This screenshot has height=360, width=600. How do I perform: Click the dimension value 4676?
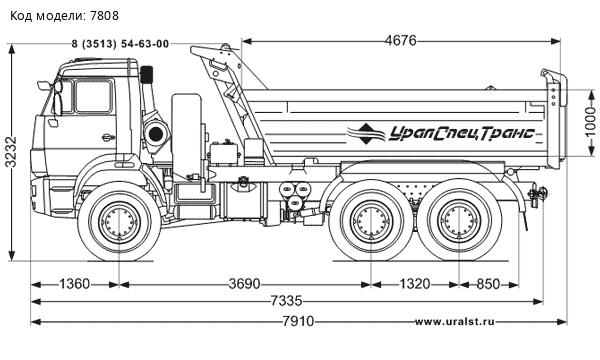tap(401, 41)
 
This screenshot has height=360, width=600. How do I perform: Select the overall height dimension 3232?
tap(11, 152)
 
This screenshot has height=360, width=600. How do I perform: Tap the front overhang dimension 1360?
tap(75, 284)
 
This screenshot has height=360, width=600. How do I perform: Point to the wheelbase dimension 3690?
tap(245, 284)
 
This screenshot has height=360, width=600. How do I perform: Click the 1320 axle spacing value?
tap(415, 284)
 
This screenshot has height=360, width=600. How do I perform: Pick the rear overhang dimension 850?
tap(488, 284)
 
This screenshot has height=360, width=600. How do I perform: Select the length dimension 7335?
tap(287, 301)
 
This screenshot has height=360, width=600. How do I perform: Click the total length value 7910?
tap(298, 321)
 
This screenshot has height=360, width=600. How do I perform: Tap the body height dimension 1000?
tap(590, 122)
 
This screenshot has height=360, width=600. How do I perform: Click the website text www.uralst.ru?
tap(454, 322)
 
